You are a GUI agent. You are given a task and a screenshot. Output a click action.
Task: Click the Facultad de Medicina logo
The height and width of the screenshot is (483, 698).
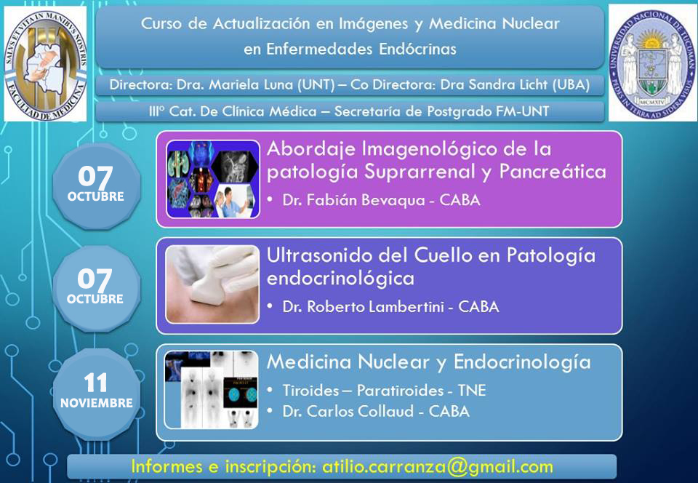[45, 64]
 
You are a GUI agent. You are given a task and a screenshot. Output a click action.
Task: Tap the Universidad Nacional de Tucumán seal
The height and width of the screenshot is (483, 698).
[652, 63]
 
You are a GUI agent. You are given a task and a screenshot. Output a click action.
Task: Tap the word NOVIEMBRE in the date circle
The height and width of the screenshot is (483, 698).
[97, 403]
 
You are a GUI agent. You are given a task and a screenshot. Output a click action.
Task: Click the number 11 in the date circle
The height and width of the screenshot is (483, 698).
[96, 383]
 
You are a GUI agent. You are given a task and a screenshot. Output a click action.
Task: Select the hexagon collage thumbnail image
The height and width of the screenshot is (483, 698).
[213, 179]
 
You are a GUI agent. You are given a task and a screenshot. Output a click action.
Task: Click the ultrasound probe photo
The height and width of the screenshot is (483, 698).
[212, 284]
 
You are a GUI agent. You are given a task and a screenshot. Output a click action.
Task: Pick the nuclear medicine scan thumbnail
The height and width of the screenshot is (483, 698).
[211, 389]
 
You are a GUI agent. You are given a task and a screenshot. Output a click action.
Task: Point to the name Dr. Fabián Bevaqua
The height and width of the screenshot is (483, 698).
[354, 200]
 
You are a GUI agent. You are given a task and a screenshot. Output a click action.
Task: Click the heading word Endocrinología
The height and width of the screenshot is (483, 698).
[522, 363]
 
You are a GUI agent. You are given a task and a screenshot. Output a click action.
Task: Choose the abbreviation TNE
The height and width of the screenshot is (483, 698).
[472, 391]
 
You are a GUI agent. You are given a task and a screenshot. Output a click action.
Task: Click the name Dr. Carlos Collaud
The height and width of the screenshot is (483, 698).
[348, 411]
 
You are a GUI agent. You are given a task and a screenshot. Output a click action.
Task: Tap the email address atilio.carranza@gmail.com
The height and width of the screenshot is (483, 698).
[438, 466]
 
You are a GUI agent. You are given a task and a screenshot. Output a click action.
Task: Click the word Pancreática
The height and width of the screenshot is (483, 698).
[553, 172]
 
